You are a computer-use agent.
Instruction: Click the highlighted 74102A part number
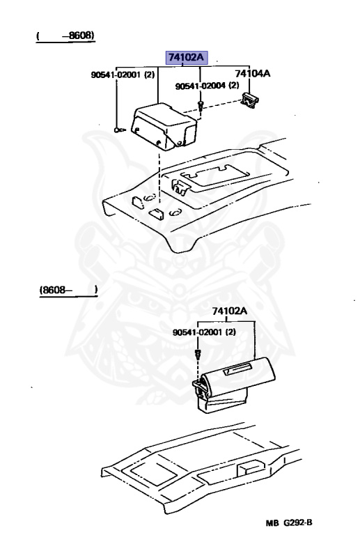(x=185, y=58)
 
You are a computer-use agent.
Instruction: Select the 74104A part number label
(x=251, y=72)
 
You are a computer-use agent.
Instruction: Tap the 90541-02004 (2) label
(x=207, y=86)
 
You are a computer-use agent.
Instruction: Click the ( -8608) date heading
(x=65, y=35)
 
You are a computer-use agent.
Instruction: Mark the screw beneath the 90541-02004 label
(x=200, y=106)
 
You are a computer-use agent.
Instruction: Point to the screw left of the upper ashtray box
(x=118, y=130)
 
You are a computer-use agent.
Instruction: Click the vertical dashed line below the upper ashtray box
(x=159, y=178)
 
